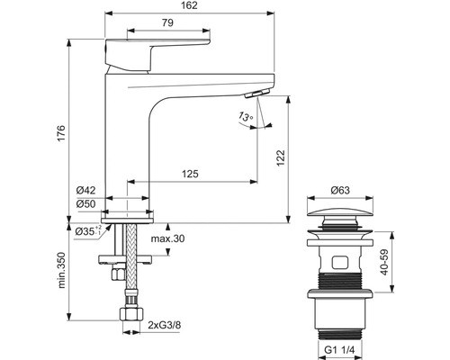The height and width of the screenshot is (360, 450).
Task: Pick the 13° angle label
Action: coord(245,117)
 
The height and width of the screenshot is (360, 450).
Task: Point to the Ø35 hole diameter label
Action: coord(86,231)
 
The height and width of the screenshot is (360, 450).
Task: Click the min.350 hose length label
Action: coord(59,270)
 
